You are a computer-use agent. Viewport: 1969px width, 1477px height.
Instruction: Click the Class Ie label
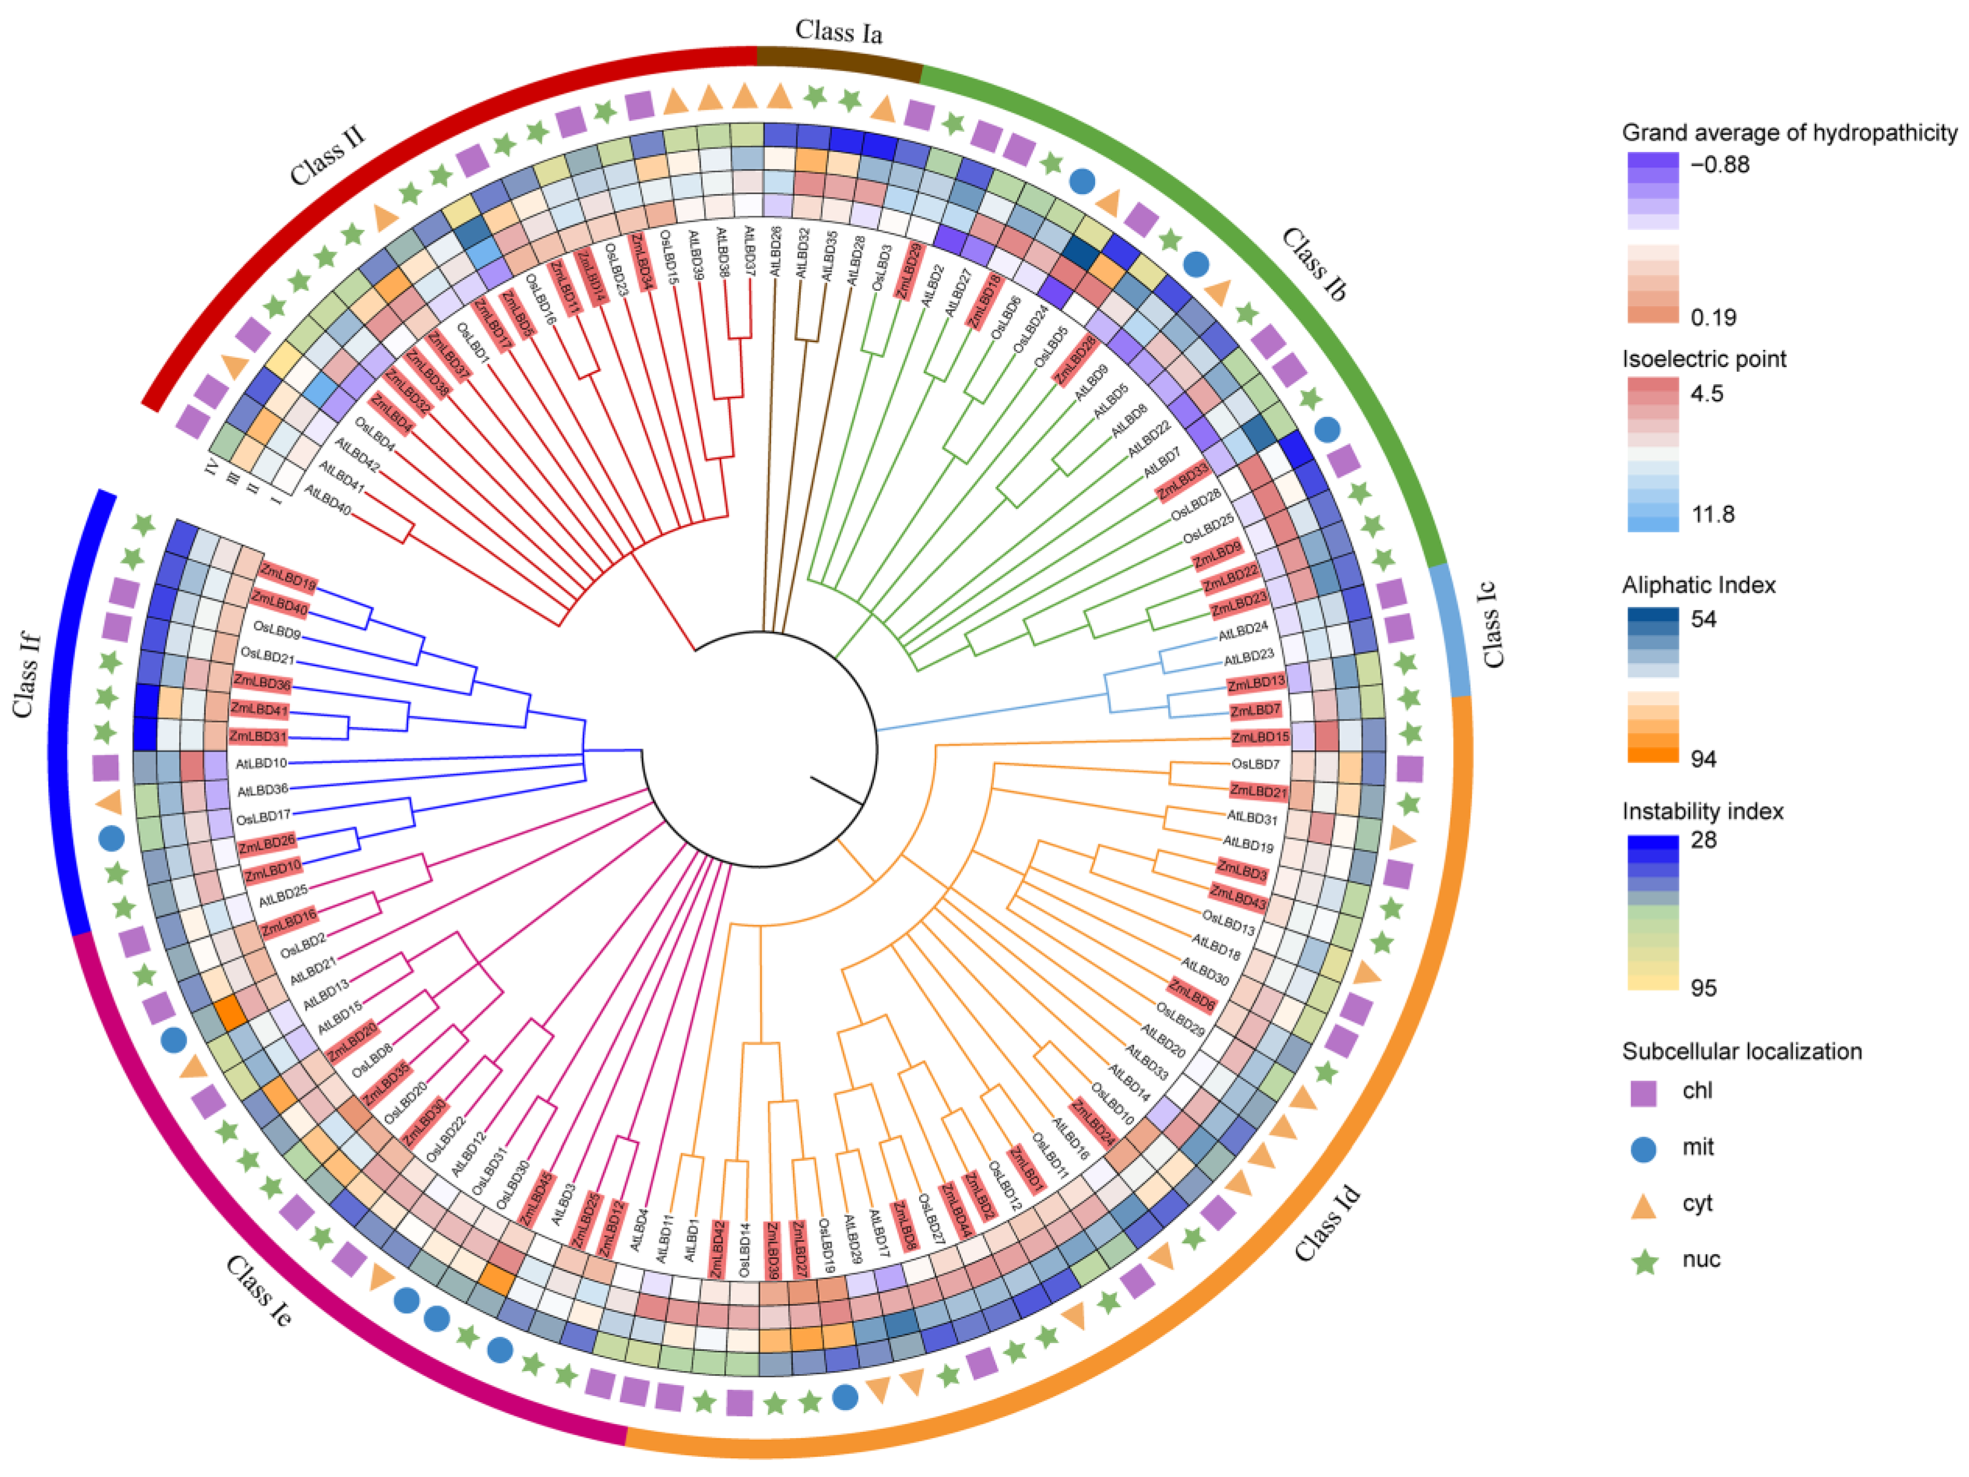pyautogui.click(x=258, y=1291)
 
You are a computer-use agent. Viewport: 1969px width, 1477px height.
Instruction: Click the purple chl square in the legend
pyautogui.click(x=1643, y=1092)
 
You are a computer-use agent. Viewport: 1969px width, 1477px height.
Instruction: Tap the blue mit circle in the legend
pyautogui.click(x=1643, y=1148)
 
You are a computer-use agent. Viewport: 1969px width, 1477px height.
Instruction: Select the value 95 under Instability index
pyautogui.click(x=1703, y=987)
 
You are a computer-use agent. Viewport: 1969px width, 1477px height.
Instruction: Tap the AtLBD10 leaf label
pyautogui.click(x=261, y=763)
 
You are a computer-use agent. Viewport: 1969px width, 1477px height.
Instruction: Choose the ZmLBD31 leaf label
pyautogui.click(x=258, y=736)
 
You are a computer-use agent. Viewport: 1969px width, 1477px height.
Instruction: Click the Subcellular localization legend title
pyautogui.click(x=1741, y=1051)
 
